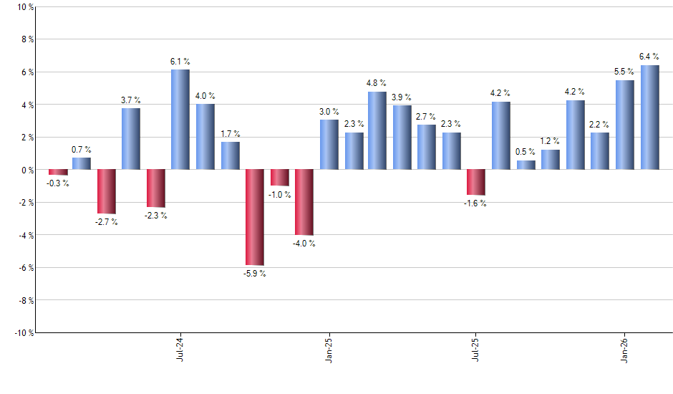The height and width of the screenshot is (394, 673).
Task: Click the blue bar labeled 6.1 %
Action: [x=180, y=120]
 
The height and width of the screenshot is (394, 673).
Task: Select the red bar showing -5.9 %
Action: [x=254, y=217]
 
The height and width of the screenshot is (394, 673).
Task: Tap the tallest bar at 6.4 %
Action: [x=650, y=117]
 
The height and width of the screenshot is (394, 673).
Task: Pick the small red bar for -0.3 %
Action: [x=58, y=173]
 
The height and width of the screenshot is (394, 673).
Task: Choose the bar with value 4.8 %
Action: [x=377, y=130]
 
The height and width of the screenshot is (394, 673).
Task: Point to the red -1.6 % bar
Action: [x=476, y=183]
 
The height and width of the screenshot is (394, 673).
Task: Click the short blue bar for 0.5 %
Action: [x=526, y=165]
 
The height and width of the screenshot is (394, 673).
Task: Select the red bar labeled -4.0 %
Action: [x=304, y=202]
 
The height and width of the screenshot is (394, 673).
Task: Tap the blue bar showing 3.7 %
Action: [x=130, y=139]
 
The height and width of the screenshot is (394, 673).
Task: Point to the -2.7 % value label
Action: [x=106, y=222]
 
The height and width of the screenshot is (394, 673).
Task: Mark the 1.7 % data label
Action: [x=230, y=134]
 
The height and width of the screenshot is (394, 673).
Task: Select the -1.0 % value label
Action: [x=280, y=195]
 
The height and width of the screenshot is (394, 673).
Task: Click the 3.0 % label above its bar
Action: [x=329, y=111]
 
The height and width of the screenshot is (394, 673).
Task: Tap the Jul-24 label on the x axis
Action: [x=179, y=347]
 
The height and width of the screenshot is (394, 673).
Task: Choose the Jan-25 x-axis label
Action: [x=329, y=347]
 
